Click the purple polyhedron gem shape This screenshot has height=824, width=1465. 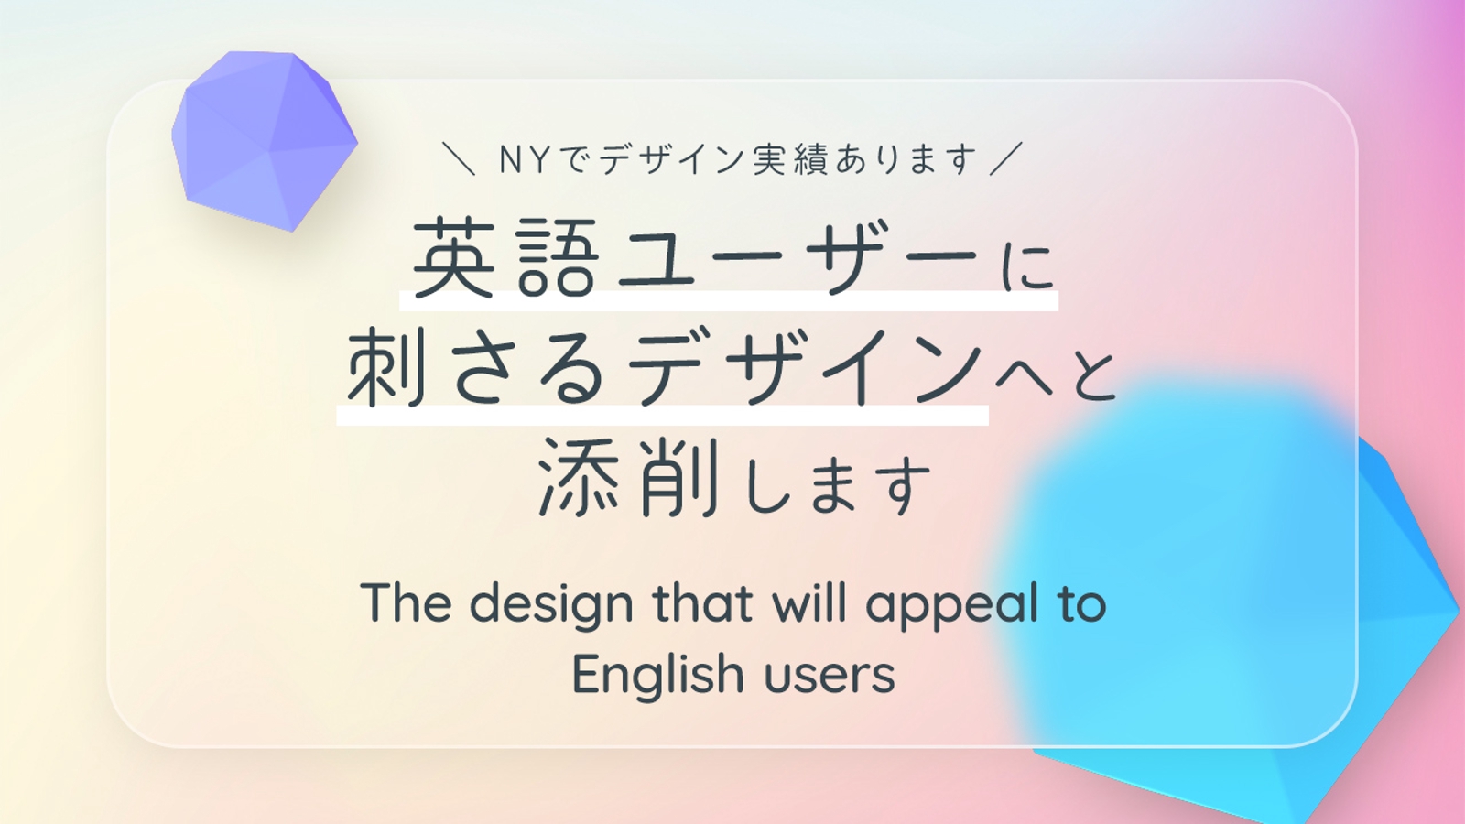[x=265, y=141]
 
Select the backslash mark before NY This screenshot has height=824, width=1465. [x=459, y=159]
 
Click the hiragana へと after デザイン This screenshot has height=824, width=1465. [x=1054, y=376]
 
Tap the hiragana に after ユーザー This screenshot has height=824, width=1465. [x=1029, y=267]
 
